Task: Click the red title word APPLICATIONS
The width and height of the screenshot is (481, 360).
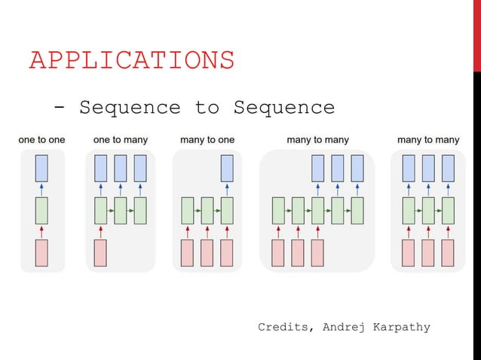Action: pos(131,60)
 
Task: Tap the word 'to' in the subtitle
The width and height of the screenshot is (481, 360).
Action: pos(206,108)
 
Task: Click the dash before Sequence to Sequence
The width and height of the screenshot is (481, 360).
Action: pos(60,108)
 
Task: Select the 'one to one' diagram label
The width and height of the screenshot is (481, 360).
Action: pos(41,140)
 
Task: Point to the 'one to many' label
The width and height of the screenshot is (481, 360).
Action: pos(121,140)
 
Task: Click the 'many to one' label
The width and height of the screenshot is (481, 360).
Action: pos(207,140)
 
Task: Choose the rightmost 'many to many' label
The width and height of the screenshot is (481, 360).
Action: pos(427,140)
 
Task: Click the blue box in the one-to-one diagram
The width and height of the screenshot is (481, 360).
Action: pos(42,168)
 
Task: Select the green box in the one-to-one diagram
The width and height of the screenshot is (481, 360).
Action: pos(42,210)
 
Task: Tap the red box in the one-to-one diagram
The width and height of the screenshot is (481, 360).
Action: pos(42,253)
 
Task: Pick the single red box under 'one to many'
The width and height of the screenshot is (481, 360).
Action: pos(100,253)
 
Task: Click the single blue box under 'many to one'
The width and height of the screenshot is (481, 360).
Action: pos(227,168)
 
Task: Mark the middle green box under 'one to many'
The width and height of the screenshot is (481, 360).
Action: pos(120,210)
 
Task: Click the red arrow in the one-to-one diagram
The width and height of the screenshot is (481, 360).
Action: pos(42,231)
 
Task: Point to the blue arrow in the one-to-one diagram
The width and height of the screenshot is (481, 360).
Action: pos(42,189)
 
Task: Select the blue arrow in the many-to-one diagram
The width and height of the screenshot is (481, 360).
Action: pos(227,189)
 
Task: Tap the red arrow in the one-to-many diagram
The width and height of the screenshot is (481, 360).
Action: pos(100,231)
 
